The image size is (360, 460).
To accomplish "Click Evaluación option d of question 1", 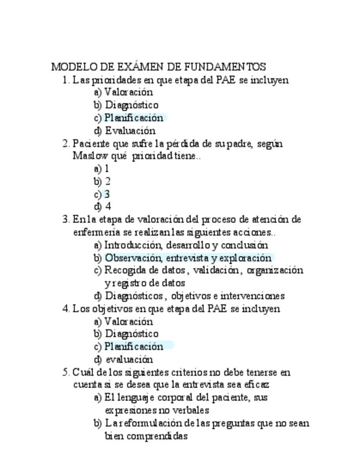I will [130, 131].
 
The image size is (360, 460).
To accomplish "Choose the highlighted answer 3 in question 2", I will [107, 194].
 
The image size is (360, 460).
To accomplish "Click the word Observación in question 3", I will [134, 258].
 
